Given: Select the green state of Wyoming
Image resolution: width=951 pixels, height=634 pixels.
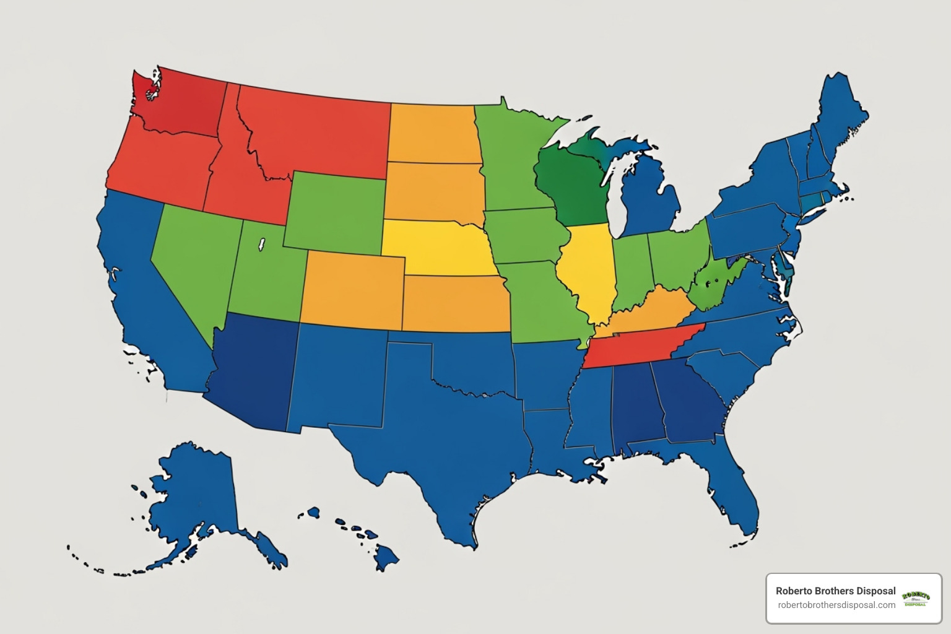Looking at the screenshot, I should click(334, 211).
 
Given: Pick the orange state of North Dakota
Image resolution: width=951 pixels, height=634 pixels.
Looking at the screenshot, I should click(433, 133).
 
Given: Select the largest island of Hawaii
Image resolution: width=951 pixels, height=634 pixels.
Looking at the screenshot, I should click(386, 557).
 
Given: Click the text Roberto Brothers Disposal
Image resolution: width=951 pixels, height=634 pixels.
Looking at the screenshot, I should click(835, 591).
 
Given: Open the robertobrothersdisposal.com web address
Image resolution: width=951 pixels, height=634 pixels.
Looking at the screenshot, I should click(836, 605).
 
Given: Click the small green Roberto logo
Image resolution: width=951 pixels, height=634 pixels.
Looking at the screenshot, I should click(916, 598).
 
